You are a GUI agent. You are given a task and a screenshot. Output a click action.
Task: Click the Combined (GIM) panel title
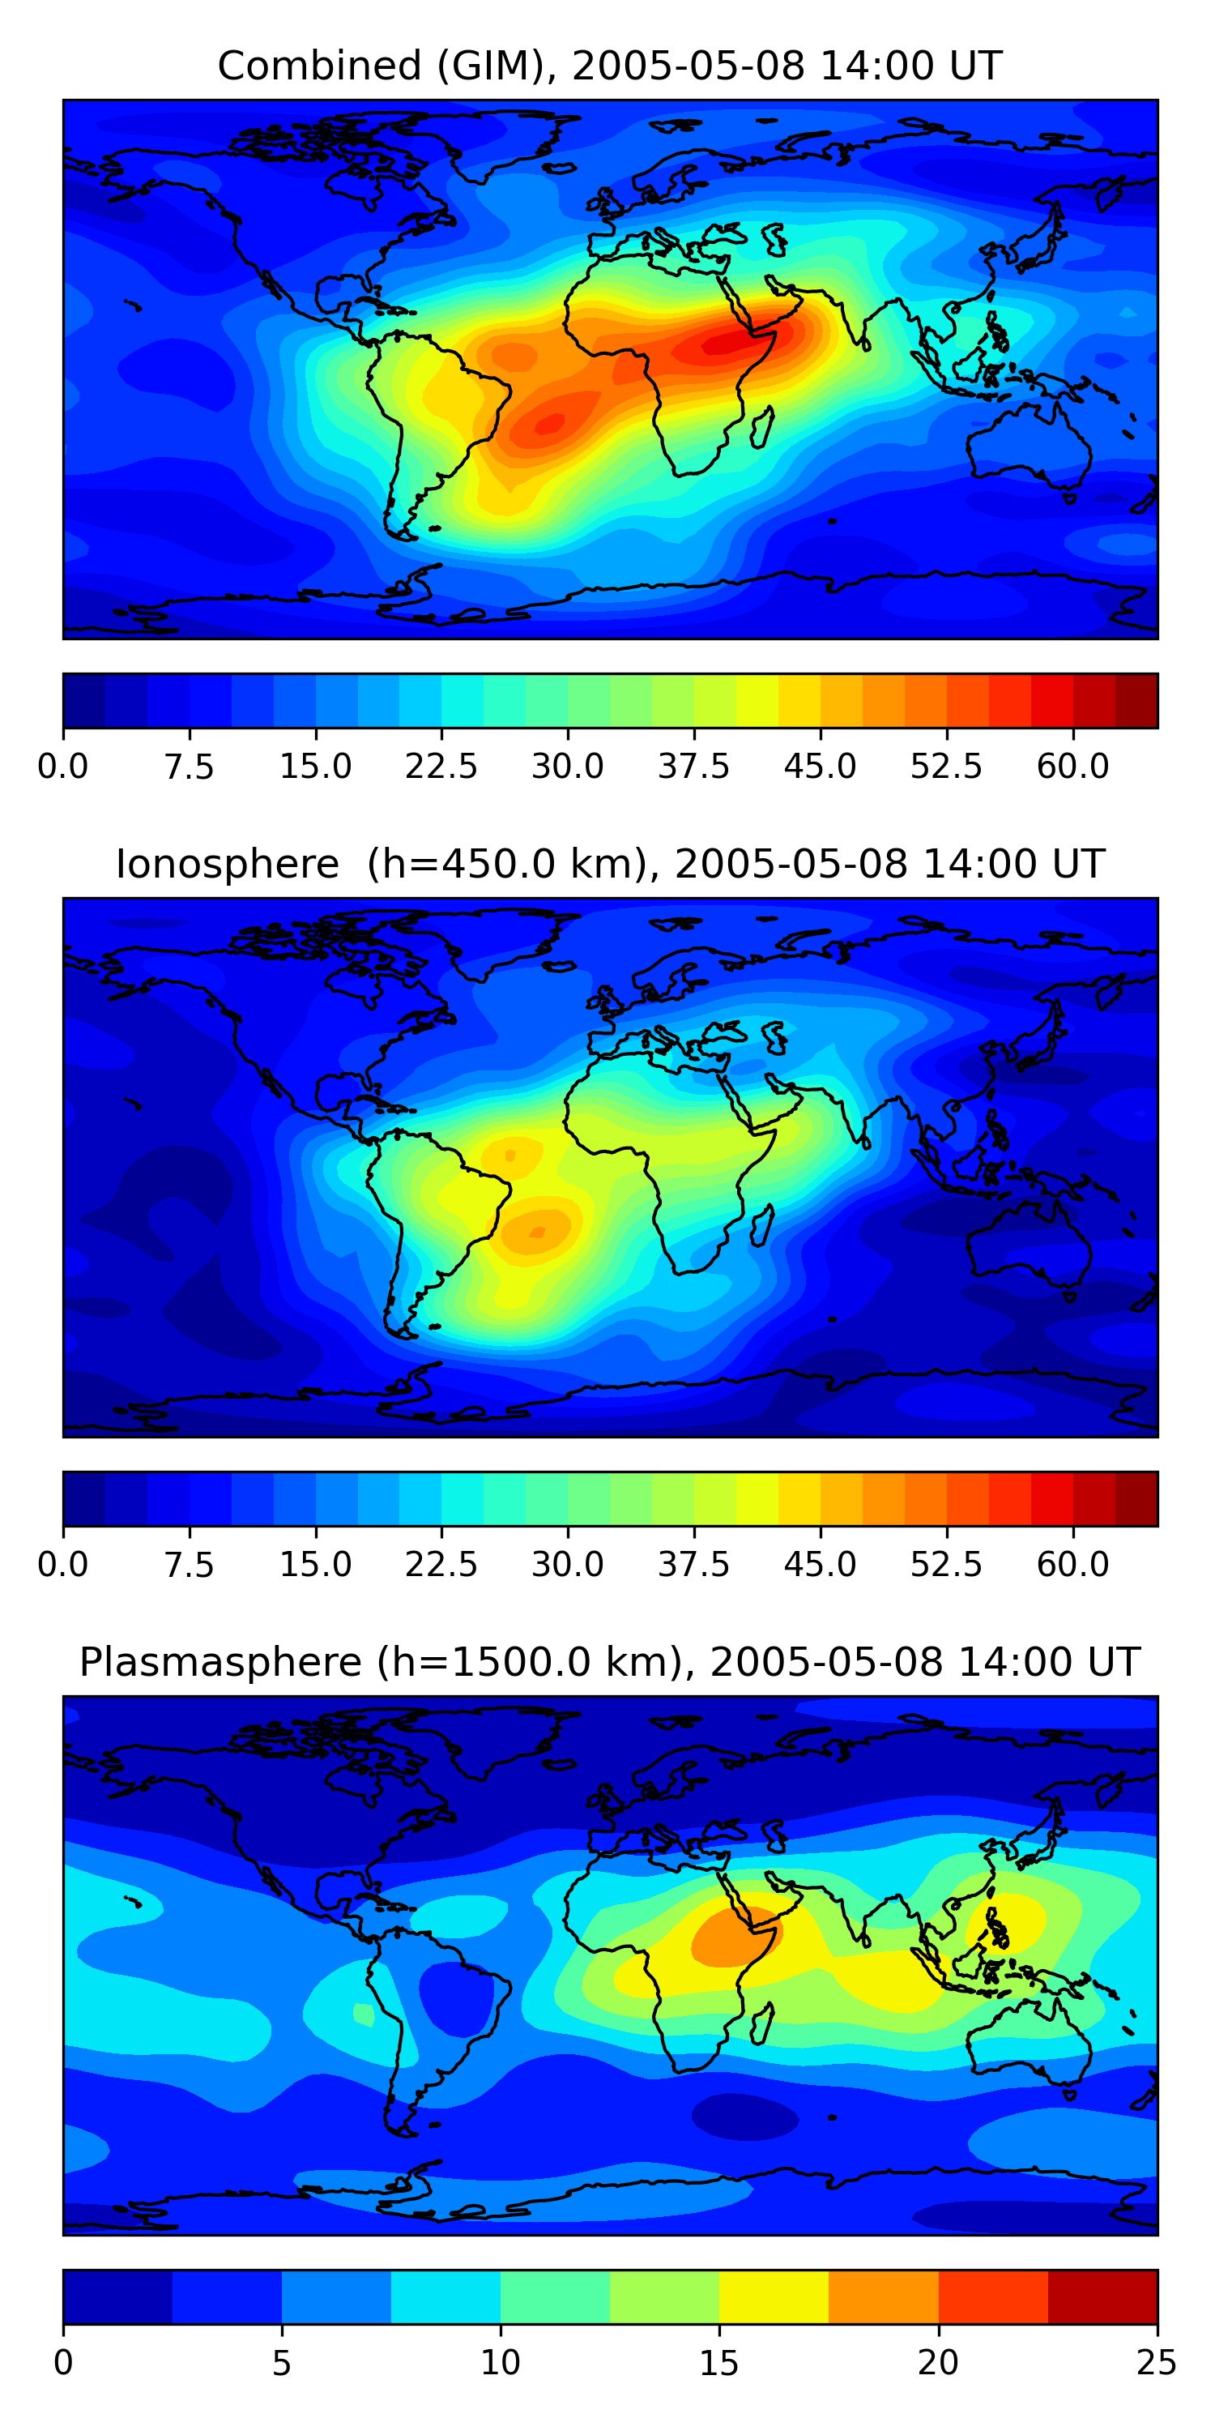point(609,66)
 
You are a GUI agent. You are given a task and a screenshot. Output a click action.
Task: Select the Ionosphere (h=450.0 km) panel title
point(609,865)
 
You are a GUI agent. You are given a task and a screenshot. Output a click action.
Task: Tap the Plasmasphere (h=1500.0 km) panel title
point(609,1662)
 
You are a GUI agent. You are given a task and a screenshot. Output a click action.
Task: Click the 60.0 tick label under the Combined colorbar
point(1072,767)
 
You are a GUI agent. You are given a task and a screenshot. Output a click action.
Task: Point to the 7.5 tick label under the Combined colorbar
point(189,767)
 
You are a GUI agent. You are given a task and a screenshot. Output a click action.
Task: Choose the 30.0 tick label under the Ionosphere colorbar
point(567,1565)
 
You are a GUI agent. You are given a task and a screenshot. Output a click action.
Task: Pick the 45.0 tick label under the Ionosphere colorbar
point(820,1565)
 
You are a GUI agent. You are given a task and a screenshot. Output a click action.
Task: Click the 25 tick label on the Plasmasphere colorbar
point(1156,2363)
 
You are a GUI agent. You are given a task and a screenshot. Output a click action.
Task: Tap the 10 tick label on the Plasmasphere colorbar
point(500,2363)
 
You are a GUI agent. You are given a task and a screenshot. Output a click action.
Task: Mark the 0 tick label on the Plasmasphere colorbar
point(63,2363)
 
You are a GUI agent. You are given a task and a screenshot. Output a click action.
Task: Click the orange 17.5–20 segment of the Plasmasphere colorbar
point(883,2296)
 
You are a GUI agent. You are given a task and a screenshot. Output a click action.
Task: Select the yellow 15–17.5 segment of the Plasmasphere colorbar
point(774,2296)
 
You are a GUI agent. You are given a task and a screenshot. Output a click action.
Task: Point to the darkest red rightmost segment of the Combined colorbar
point(1136,700)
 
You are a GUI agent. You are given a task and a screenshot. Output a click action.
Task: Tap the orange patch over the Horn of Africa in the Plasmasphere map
point(731,1938)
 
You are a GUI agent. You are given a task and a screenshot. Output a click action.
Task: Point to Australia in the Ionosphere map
point(1028,1237)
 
